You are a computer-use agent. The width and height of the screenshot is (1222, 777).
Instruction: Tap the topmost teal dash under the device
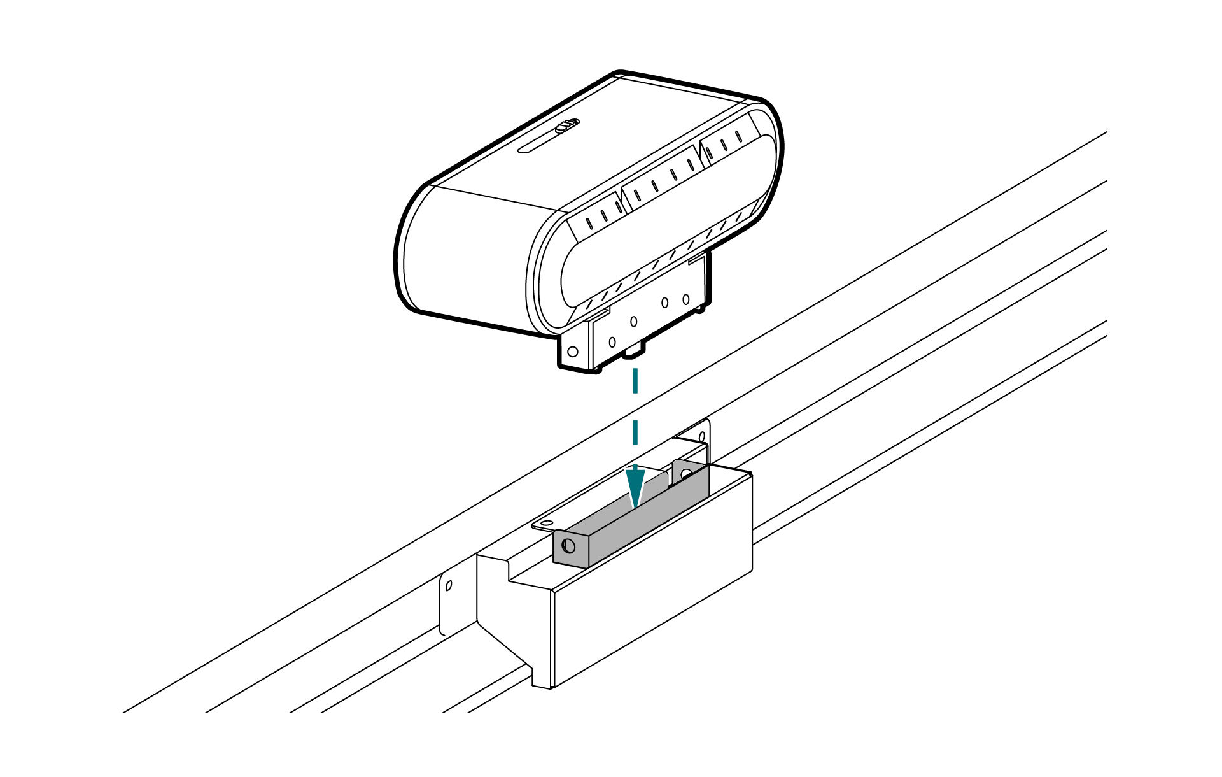[635, 381]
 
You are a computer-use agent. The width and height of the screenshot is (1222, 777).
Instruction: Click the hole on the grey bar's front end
[568, 546]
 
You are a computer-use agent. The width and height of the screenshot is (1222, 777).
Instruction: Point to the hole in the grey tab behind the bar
[685, 474]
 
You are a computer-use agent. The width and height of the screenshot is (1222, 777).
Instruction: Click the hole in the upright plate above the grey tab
[703, 436]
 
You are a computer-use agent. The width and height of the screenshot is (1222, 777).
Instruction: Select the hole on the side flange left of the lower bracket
[449, 585]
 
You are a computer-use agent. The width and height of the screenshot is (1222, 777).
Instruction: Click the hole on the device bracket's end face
[572, 352]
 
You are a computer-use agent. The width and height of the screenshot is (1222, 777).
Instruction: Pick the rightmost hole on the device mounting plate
[685, 299]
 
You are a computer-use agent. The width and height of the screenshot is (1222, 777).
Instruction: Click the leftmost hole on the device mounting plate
[612, 342]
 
